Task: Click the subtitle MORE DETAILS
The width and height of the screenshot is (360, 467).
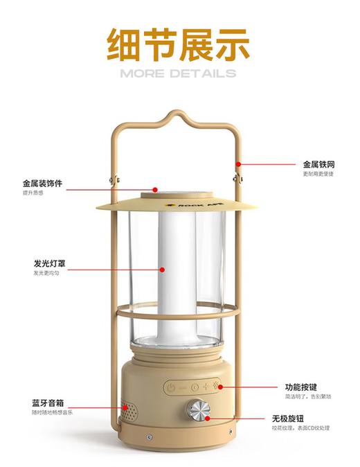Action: pyautogui.click(x=178, y=73)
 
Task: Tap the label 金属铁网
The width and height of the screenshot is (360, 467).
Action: pyautogui.click(x=318, y=165)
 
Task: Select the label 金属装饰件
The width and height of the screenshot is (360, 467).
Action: pyautogui.click(x=42, y=184)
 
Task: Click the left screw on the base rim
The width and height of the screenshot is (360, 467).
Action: pyautogui.click(x=148, y=436)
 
